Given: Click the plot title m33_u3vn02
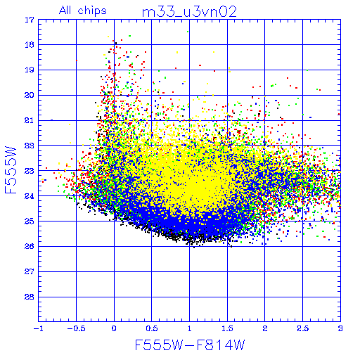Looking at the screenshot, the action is pos(189,12).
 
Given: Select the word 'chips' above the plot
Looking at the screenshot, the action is pos(92,11).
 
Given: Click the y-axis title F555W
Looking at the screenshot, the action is pos(11,170).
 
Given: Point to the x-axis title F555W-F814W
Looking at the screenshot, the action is pos(190,345).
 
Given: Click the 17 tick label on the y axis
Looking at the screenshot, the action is pos(30,20).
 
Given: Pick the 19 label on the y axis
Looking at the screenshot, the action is pos(30,70).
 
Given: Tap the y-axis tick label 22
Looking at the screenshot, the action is pos(30,146).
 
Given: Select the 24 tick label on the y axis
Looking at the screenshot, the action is pos(30,196).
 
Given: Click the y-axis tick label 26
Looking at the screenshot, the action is pos(30,246).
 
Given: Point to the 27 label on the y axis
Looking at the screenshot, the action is pos(30,271).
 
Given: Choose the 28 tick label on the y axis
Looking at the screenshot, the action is pos(30,297).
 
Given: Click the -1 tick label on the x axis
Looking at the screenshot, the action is pos(38,328).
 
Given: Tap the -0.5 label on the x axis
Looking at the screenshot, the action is pos(76,328).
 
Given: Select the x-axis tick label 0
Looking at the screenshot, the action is pos(114,328).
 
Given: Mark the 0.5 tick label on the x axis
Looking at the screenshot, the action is pos(152,328).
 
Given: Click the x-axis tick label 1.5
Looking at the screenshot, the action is pos(227,328).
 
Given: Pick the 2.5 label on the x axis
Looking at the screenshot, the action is pos(303,328).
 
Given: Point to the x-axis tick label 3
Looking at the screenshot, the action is pos(340,328).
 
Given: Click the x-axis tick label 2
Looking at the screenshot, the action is pos(265,328).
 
